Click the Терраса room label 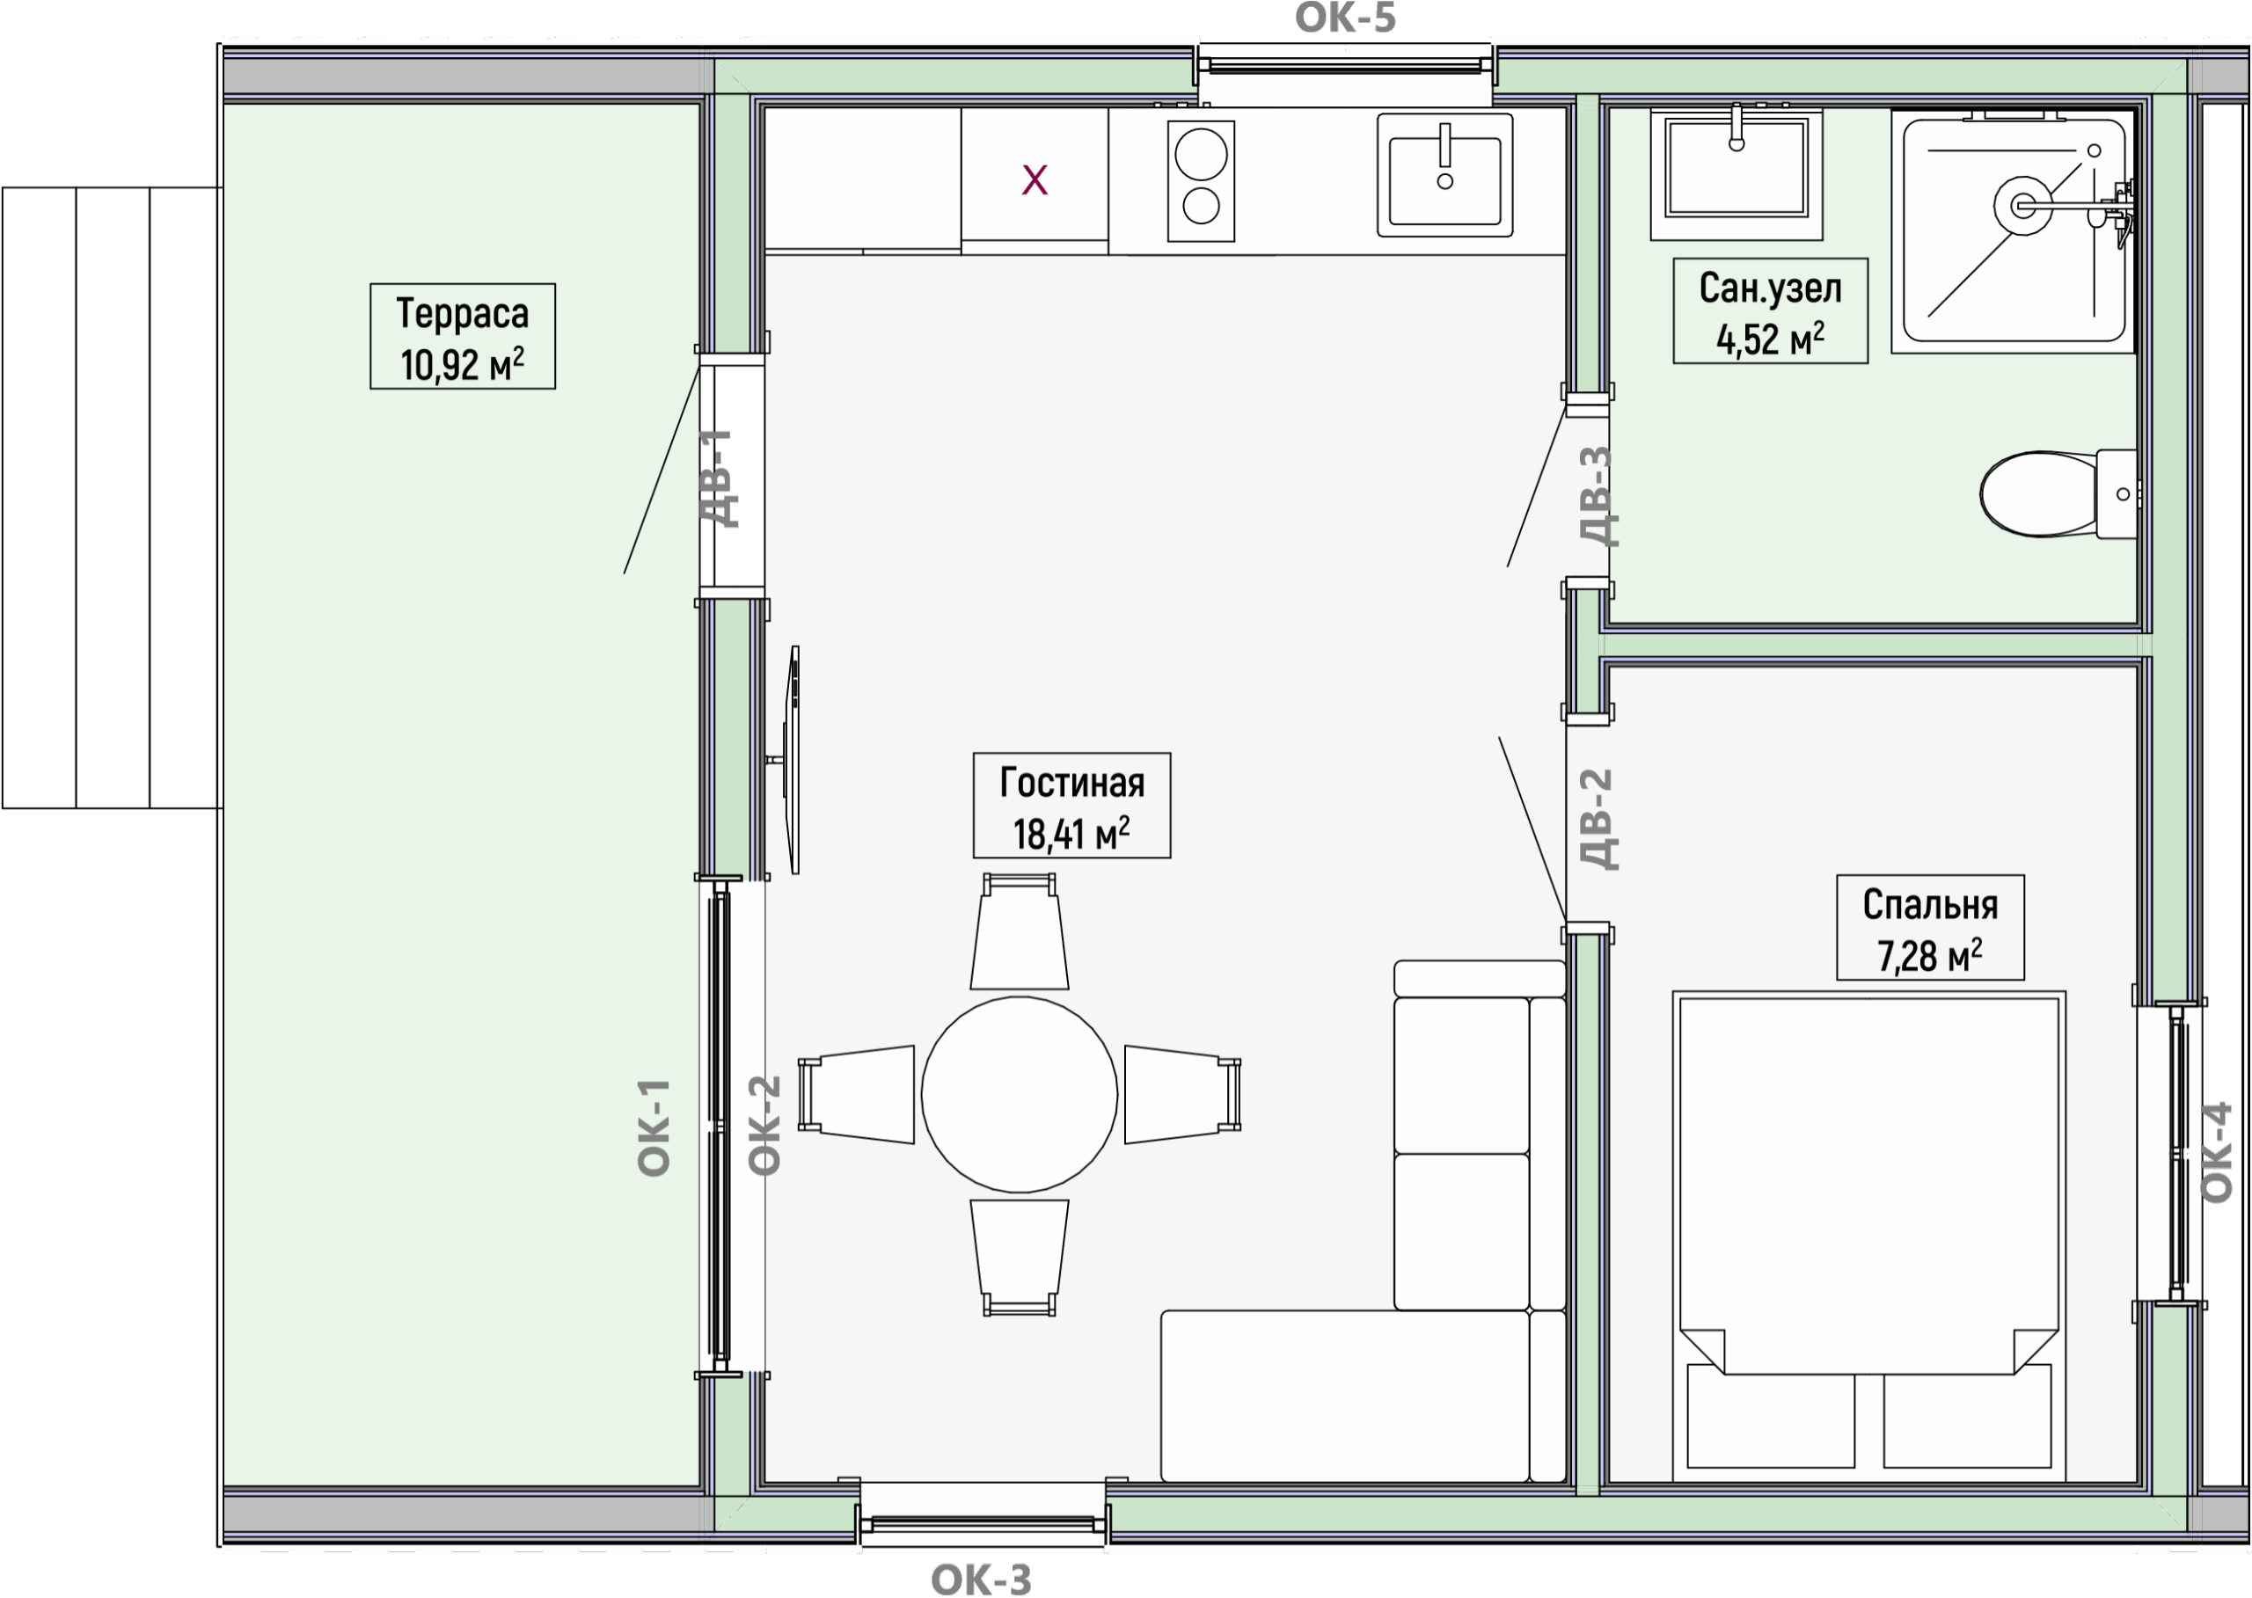(463, 337)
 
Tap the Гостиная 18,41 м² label (1071, 806)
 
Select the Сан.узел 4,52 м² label (1771, 311)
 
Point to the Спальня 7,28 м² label (1930, 928)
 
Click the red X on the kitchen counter (1035, 180)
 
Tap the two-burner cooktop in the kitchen (1201, 180)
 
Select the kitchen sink (1445, 175)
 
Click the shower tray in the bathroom (2014, 231)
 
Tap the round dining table (1020, 1094)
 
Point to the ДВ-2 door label (1598, 819)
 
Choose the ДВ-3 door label (1597, 496)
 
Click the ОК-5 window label (1346, 18)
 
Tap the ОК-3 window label (982, 1580)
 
